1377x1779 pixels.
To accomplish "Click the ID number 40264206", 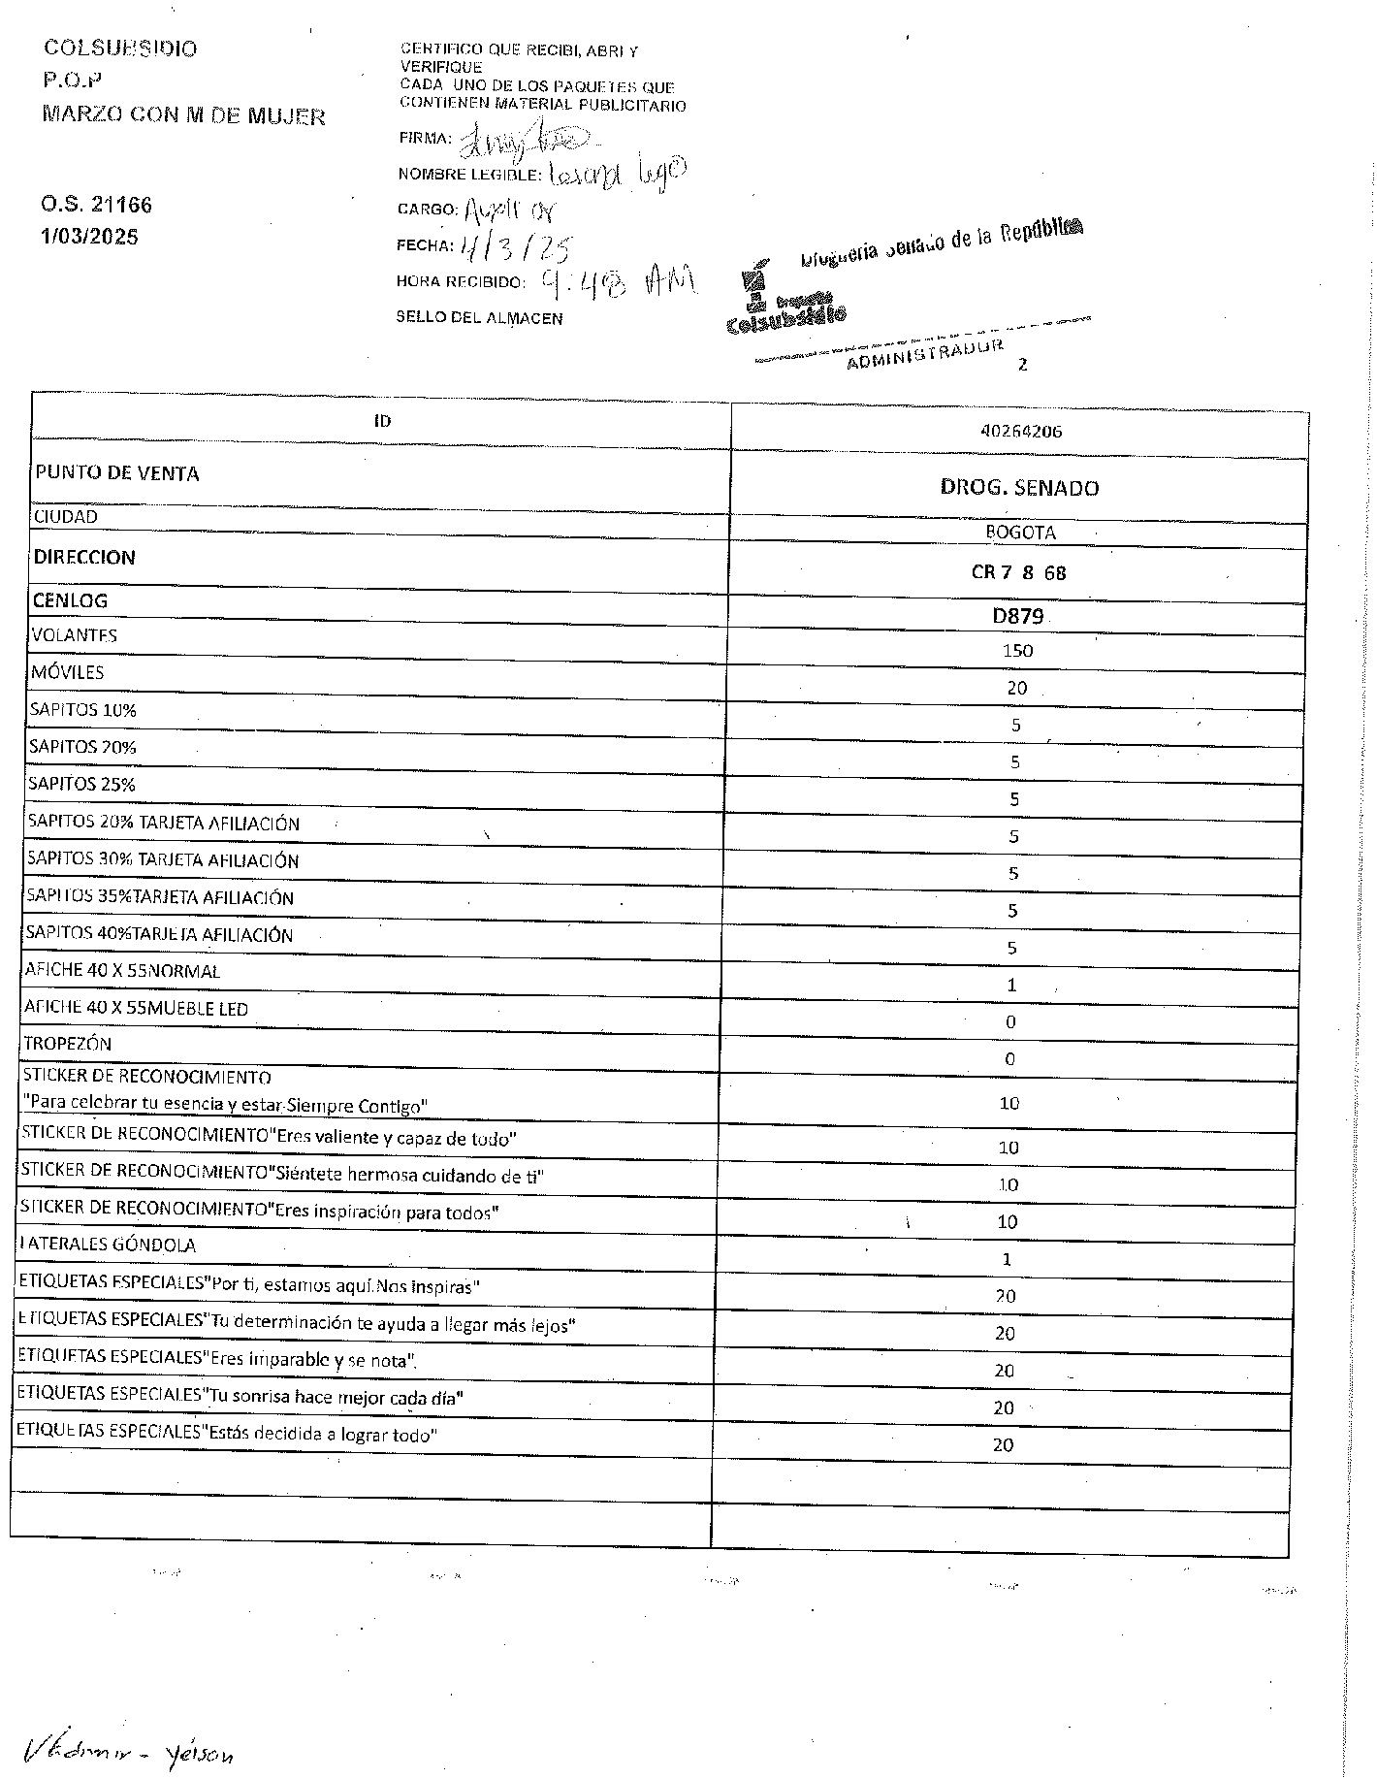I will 1021,432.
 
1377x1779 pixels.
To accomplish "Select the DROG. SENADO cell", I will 1019,488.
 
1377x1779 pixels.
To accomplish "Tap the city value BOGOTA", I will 1020,533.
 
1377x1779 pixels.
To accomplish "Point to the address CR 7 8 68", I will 1018,572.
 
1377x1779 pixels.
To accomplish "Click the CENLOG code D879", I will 1017,616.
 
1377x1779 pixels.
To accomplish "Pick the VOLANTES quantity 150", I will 1017,651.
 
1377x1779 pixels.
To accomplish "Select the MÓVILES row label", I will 68,672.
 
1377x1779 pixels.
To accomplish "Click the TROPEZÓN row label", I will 68,1044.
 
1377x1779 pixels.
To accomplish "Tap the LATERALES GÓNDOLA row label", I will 108,1245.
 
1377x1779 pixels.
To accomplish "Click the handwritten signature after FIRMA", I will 519,143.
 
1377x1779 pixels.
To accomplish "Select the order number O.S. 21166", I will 96,205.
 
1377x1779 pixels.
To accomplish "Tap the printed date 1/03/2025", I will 89,237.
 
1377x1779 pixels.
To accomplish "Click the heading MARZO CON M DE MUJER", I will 183,116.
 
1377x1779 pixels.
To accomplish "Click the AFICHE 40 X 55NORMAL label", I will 122,971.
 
